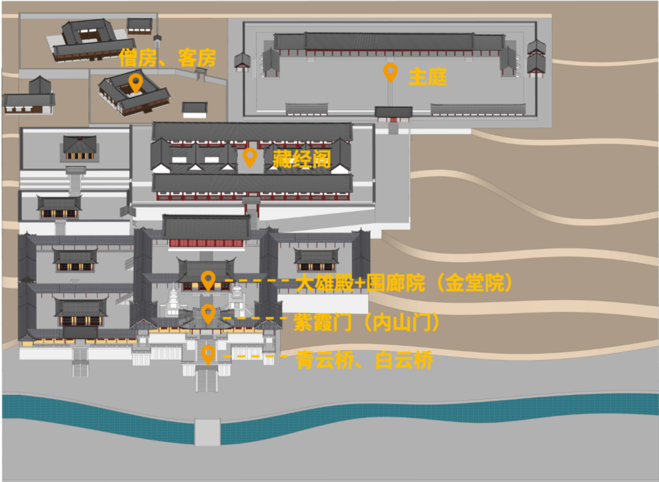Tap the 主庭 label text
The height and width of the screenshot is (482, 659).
click(x=427, y=77)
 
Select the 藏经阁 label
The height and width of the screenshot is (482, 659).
click(x=301, y=159)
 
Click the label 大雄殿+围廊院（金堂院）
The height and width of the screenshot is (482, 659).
click(x=404, y=284)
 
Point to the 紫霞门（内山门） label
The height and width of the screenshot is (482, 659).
click(x=366, y=323)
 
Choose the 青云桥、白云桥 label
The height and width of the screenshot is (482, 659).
click(x=364, y=360)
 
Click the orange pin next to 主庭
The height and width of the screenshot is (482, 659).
click(x=390, y=72)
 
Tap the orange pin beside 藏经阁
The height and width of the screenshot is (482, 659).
click(x=249, y=157)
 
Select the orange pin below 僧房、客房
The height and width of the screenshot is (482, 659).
click(x=136, y=82)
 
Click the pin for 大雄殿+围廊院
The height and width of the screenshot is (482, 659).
click(x=208, y=280)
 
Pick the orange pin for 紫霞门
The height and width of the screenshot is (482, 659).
click(x=208, y=314)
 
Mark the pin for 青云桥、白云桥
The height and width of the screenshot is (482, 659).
click(x=208, y=355)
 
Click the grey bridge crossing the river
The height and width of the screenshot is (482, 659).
click(x=207, y=431)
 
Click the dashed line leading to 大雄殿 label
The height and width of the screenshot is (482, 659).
click(x=258, y=282)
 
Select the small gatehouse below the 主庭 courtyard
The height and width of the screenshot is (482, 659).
click(x=393, y=113)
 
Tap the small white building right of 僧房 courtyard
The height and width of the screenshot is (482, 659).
click(x=194, y=109)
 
